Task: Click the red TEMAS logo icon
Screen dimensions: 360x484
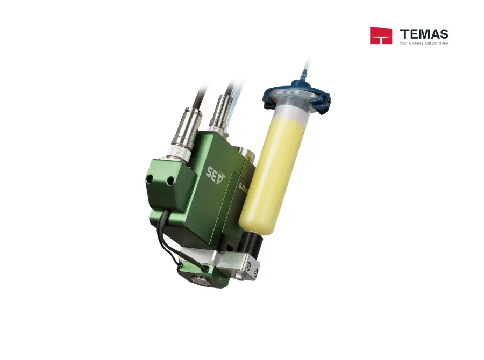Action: pyautogui.click(x=381, y=35)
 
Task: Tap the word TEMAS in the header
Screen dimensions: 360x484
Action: pyautogui.click(x=424, y=33)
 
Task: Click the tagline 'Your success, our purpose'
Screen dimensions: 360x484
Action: pyautogui.click(x=423, y=43)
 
